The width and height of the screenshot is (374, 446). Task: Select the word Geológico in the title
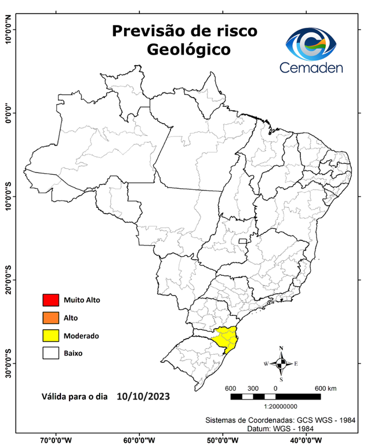click(188, 49)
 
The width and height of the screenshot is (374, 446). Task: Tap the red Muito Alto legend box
click(50, 300)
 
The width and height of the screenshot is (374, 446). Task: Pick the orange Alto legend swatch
click(50, 318)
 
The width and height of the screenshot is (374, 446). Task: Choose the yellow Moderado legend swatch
click(50, 335)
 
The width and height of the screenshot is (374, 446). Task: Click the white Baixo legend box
click(50, 353)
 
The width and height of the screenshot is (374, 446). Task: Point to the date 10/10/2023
click(143, 397)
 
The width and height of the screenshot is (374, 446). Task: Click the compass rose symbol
click(281, 364)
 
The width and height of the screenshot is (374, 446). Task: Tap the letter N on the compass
click(281, 348)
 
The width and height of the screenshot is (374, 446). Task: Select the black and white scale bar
click(275, 397)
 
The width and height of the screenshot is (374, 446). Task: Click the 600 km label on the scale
click(325, 388)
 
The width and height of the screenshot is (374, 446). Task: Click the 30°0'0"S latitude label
click(8, 363)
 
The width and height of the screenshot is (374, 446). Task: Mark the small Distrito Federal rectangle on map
click(241, 240)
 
